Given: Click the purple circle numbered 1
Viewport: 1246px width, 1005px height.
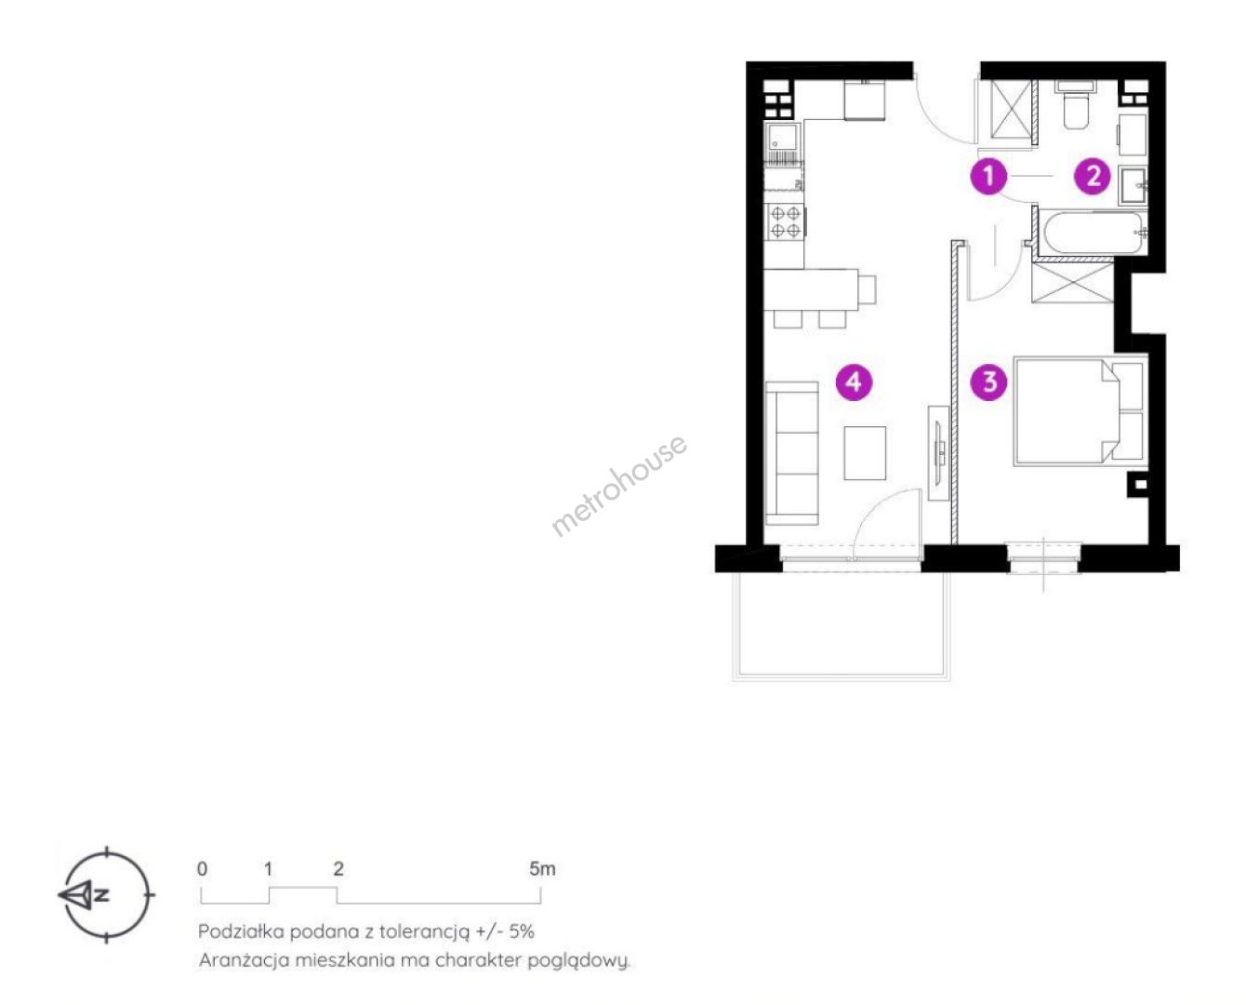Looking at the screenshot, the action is coord(988,176).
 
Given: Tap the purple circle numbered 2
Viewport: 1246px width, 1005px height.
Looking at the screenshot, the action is coord(1093,176).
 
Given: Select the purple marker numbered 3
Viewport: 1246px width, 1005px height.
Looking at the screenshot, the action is coord(989,382).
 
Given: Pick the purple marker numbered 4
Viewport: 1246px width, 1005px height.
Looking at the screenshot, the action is coord(854,382).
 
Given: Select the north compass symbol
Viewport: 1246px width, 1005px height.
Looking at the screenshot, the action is coord(107,894).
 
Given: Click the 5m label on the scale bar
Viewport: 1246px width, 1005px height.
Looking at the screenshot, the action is coord(542,869).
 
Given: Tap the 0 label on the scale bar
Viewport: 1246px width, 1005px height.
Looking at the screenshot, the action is coord(202,869).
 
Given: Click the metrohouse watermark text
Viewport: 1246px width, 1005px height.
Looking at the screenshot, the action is coord(618,485).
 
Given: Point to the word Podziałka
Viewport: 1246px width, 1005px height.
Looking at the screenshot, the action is coord(241,931).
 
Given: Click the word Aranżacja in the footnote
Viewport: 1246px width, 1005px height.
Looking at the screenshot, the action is coord(244,961).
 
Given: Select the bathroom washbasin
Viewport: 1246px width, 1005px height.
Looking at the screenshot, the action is coord(1133,185).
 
